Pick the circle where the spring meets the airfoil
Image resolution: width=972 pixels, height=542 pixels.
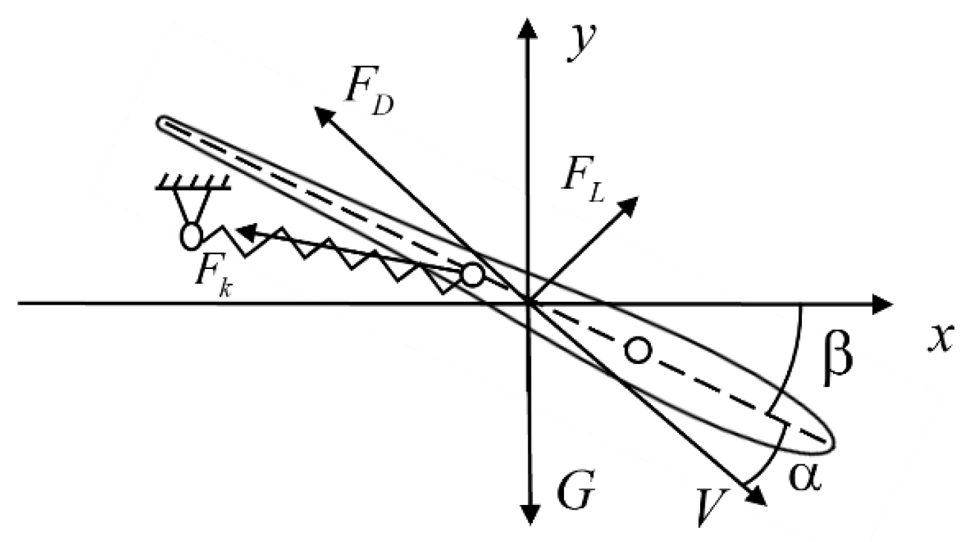(472, 274)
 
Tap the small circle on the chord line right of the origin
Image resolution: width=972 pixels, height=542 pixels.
(637, 349)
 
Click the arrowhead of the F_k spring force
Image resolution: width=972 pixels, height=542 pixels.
(244, 232)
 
